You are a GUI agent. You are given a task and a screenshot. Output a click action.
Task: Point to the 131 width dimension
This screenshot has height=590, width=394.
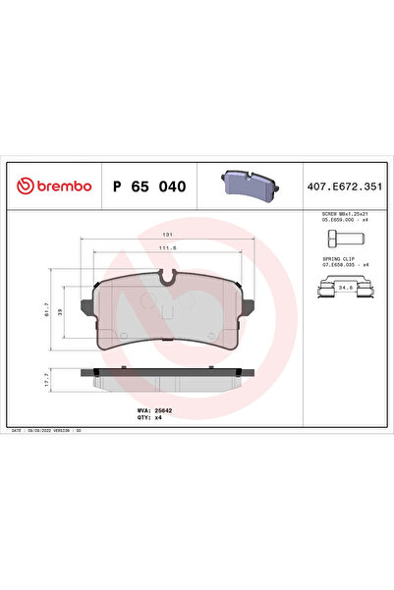(x=168, y=237)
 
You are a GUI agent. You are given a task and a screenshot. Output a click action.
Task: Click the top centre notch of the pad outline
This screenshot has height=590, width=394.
(x=168, y=281)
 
